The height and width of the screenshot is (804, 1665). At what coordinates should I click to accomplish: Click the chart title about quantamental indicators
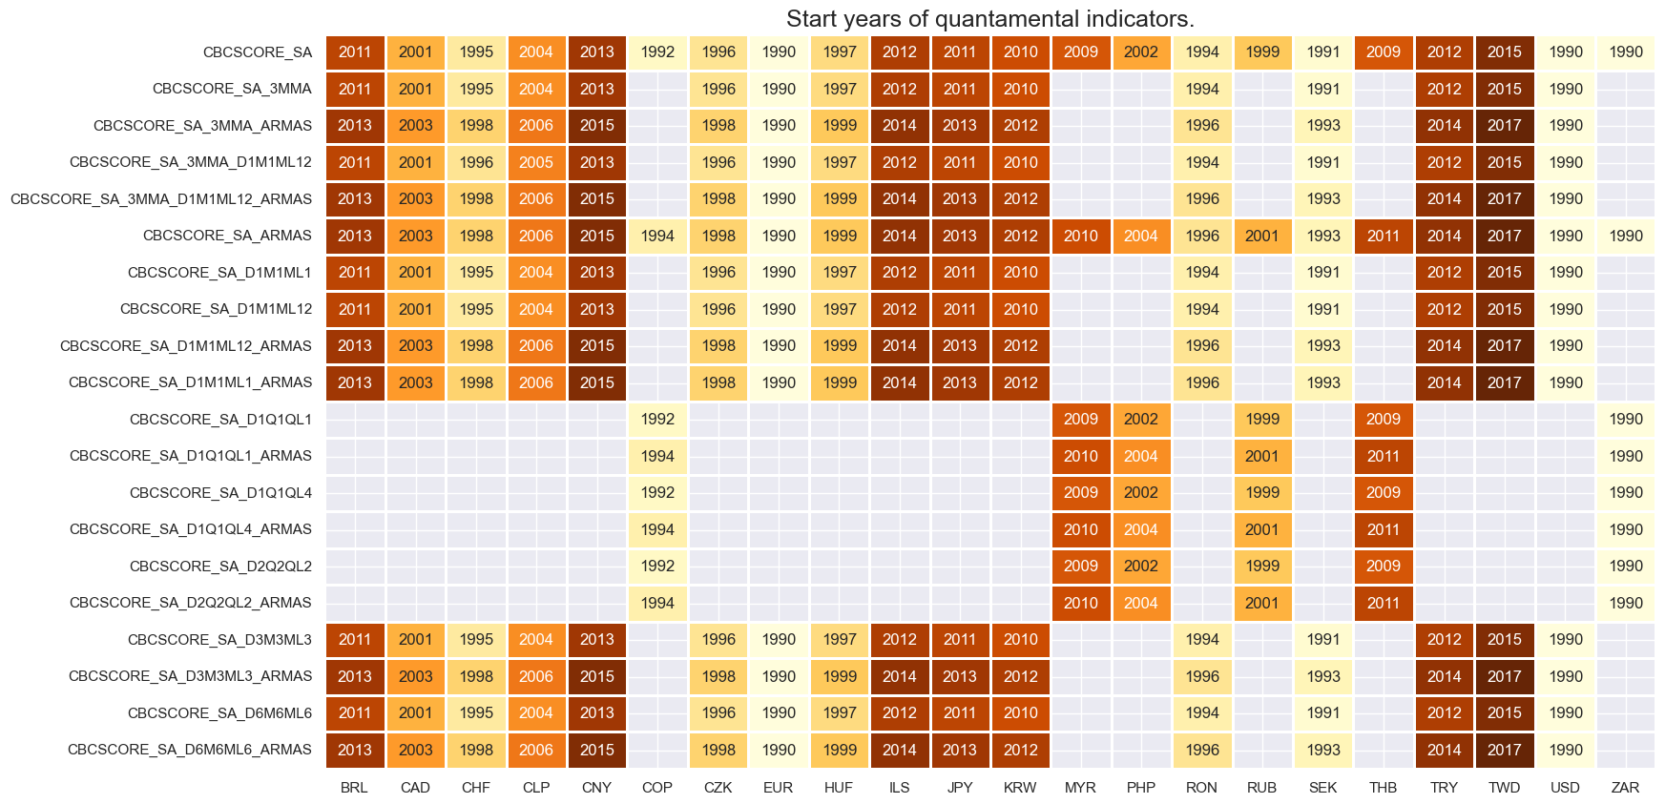pos(989,19)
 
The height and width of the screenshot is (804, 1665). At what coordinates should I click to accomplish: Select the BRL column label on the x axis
pos(354,788)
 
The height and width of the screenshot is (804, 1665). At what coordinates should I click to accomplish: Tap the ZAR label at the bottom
pos(1625,788)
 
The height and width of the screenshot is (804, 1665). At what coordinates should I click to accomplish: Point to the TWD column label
pos(1504,788)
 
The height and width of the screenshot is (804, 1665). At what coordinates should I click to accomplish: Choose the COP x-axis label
pos(656,788)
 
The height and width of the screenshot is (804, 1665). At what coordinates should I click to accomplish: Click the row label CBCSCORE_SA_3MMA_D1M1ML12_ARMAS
pos(161,199)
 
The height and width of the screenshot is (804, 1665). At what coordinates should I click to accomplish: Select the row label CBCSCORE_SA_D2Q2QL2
pos(220,567)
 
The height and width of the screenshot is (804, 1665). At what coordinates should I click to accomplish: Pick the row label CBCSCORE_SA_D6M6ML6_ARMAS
pos(190,750)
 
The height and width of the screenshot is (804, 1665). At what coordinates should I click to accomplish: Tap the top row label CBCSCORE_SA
pos(258,52)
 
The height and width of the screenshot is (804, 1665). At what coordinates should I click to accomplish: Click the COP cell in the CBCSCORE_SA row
pos(657,52)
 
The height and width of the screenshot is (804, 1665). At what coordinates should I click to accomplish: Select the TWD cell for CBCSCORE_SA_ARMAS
pos(1505,236)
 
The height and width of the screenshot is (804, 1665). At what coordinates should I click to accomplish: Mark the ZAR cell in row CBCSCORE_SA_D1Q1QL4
pos(1626,493)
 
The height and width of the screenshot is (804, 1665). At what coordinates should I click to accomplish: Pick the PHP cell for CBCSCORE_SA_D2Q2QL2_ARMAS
pos(1141,603)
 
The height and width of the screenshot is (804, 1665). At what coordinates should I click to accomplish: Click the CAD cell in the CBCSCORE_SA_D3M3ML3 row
pos(415,640)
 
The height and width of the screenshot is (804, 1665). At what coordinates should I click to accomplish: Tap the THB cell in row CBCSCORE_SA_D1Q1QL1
pos(1384,420)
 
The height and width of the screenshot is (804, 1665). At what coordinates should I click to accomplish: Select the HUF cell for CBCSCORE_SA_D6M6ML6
pos(840,713)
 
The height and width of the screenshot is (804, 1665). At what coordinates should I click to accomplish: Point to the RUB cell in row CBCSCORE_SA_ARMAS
pos(1262,236)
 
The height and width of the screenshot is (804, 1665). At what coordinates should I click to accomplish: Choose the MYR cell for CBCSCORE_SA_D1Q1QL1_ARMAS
pos(1081,456)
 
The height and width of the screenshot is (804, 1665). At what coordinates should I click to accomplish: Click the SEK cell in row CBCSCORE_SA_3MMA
pos(1323,89)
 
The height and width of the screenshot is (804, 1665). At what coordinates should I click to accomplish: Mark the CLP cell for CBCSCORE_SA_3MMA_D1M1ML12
pos(536,162)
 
